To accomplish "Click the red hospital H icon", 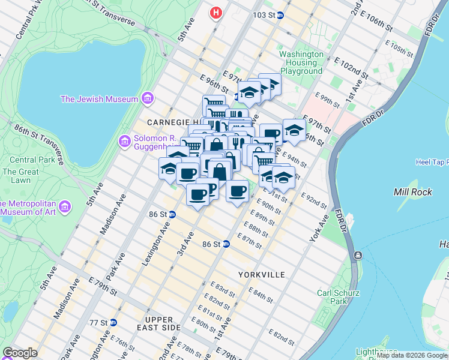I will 215,12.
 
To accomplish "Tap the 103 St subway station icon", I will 280,16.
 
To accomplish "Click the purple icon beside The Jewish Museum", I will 147,99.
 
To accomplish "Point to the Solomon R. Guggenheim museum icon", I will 124,141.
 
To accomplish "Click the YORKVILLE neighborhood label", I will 261,274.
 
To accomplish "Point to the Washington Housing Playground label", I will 301,62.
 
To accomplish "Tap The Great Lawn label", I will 20,175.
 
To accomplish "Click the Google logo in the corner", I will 20,353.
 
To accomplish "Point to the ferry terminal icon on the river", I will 358,256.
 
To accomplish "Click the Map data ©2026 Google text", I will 412,356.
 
